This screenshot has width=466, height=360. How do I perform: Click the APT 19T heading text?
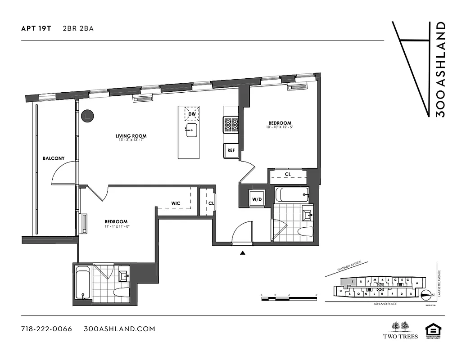[36, 28]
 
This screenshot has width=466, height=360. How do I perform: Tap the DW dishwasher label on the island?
[192, 114]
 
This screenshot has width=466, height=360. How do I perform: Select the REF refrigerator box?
[231, 151]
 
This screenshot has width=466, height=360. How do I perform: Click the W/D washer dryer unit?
[257, 199]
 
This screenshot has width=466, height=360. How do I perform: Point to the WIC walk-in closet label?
[176, 203]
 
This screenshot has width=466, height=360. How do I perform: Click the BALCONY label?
[54, 158]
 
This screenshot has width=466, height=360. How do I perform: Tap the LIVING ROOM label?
[131, 136]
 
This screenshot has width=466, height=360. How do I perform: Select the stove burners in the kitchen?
[231, 125]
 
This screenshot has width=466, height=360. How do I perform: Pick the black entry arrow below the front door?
[243, 253]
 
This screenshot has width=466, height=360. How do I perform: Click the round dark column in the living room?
[86, 116]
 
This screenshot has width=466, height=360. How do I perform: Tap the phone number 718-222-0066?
[46, 329]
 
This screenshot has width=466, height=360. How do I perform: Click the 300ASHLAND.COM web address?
[120, 329]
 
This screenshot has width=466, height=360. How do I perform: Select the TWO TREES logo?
[400, 330]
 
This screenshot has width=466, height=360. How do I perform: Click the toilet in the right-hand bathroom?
[305, 232]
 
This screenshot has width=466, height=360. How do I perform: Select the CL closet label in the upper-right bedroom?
[287, 175]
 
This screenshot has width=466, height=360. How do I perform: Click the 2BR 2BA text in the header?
[78, 28]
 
